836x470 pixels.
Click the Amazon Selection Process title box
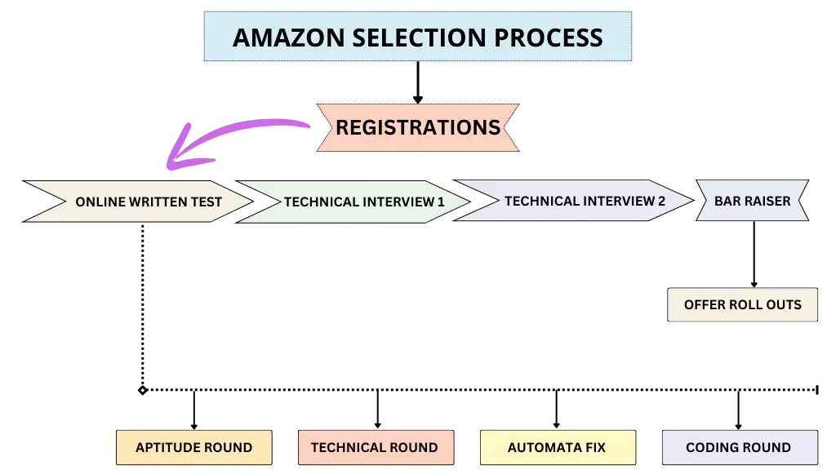tap(417, 37)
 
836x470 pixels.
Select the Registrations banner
tap(417, 127)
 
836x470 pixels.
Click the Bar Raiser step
tap(752, 201)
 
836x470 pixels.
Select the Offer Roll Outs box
tap(742, 305)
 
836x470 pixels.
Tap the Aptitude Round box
tap(193, 447)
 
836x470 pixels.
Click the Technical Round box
tap(374, 447)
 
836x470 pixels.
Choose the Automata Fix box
tap(557, 447)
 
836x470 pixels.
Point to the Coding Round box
tap(738, 447)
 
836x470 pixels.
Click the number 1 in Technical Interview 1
tap(441, 202)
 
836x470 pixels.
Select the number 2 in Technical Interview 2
tap(661, 201)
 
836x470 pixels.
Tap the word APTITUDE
tap(167, 447)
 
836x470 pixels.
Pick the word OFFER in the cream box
tap(704, 305)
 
